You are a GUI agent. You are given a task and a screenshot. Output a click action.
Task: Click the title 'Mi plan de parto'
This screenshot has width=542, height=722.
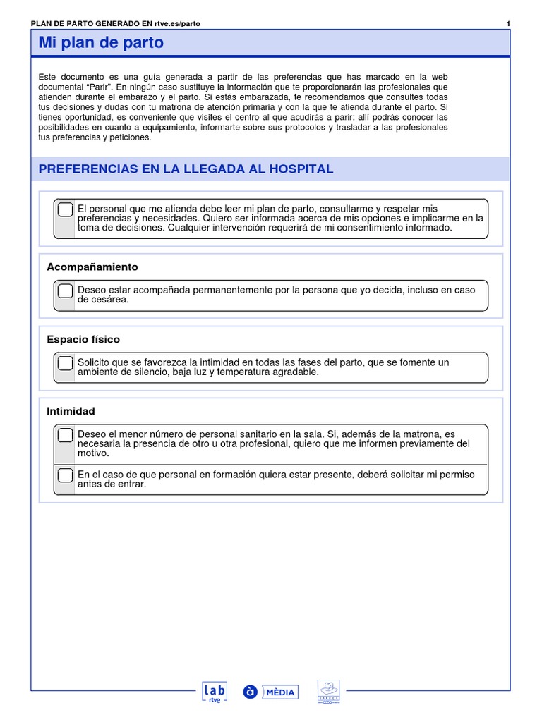[x=101, y=43]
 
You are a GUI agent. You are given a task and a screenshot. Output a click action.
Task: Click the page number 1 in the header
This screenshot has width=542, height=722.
[x=508, y=23]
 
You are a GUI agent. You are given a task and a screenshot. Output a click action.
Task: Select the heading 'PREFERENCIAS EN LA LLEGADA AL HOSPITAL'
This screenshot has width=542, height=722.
[x=186, y=169]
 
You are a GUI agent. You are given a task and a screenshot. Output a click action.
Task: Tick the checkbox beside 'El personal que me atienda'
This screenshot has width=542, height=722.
[x=65, y=209]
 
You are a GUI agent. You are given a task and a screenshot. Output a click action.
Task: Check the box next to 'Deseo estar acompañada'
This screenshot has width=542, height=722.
[x=65, y=290]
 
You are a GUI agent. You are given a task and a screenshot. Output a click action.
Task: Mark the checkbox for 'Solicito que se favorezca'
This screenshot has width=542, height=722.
[x=65, y=363]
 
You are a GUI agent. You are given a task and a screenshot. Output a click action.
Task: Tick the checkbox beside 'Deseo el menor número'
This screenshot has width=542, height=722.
[x=65, y=435]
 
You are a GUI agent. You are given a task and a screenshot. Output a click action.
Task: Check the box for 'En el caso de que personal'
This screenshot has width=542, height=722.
[x=65, y=475]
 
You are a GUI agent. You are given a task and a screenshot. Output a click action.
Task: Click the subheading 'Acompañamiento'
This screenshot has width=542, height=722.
[x=92, y=267]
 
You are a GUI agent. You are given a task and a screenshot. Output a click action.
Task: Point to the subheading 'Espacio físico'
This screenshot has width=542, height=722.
[x=83, y=339]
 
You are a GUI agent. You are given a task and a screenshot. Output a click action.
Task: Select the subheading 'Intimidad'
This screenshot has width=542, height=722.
[x=71, y=411]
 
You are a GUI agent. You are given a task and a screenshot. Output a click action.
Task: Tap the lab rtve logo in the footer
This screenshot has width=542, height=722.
[x=215, y=692]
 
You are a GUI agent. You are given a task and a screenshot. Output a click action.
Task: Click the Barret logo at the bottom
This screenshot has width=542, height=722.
[x=329, y=692]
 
